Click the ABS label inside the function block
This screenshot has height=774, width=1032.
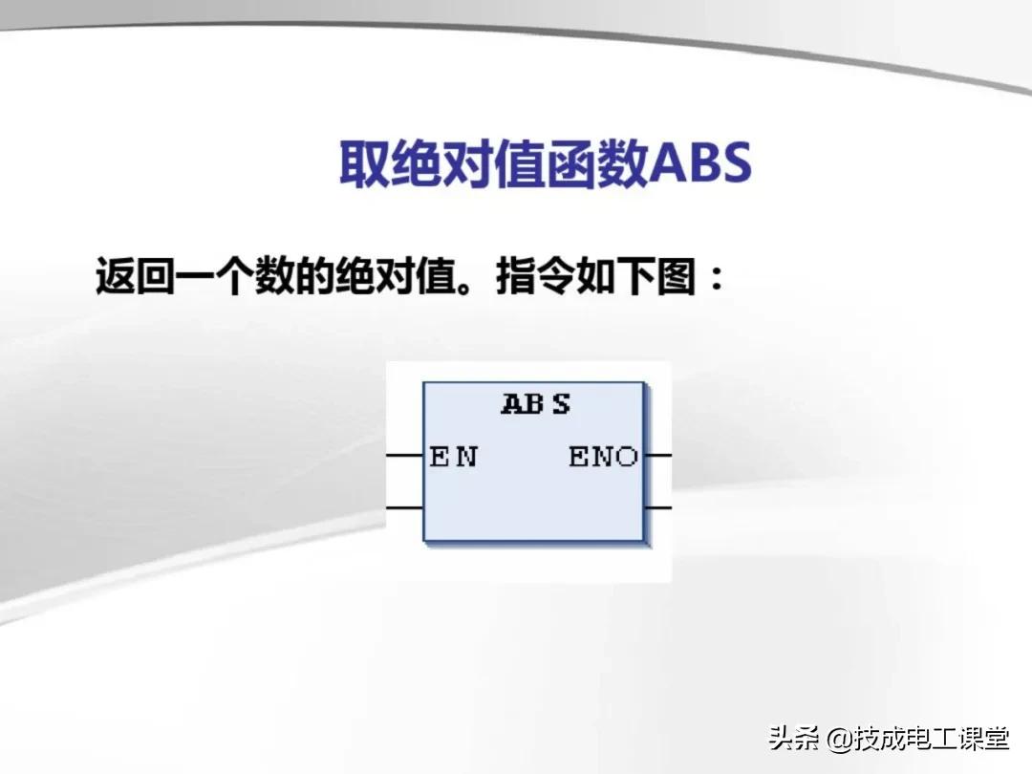[x=536, y=403]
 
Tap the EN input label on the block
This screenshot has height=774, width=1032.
[x=454, y=456]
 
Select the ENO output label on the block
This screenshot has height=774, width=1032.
[x=604, y=456]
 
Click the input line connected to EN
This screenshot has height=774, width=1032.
[x=404, y=455]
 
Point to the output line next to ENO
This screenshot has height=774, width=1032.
[x=657, y=455]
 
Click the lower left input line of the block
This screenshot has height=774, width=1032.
[x=404, y=507]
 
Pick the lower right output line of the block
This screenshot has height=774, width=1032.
[x=657, y=507]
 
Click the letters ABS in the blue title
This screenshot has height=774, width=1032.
[x=700, y=162]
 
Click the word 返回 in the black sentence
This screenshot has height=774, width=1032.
[x=135, y=275]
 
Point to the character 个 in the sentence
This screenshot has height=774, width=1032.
[x=234, y=275]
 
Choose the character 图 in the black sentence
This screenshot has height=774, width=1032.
[x=676, y=275]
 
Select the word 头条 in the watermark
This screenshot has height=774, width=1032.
[x=794, y=738]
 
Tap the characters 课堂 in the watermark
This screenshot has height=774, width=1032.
[x=983, y=738]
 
